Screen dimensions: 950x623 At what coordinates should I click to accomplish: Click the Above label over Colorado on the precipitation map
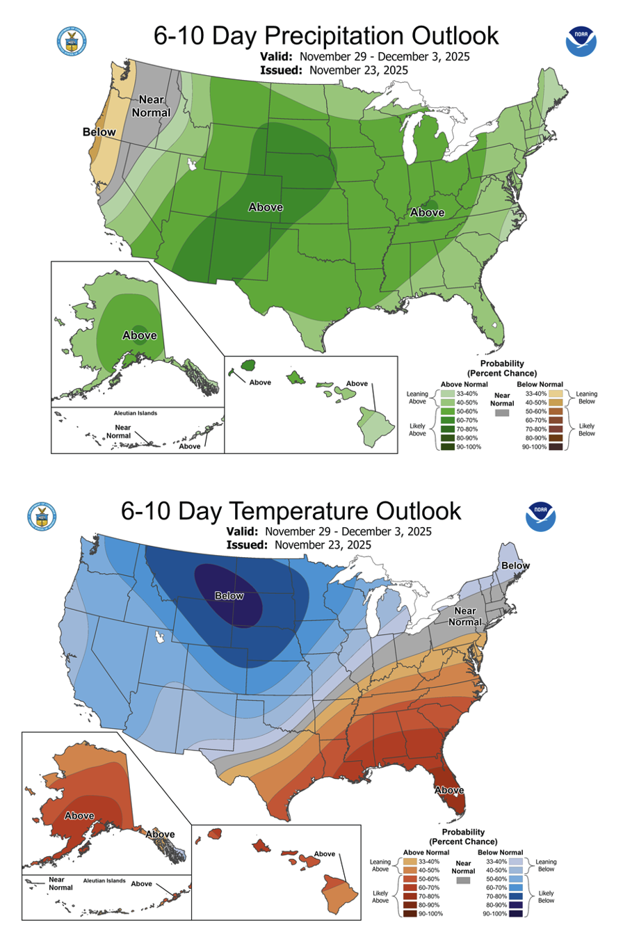click(x=266, y=207)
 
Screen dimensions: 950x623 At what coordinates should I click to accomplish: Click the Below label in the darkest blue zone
click(x=229, y=595)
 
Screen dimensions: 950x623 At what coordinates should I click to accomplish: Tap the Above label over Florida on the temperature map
click(x=450, y=790)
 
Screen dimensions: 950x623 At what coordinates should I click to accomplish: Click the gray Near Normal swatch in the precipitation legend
click(x=500, y=413)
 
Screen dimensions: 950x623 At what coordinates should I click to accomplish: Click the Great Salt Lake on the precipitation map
click(x=191, y=166)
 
